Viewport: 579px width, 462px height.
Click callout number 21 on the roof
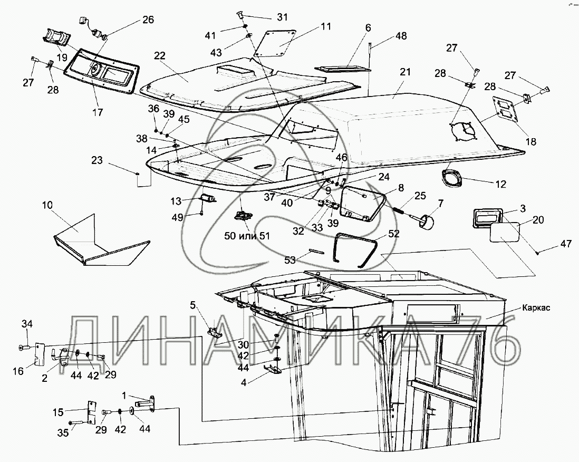click(404, 72)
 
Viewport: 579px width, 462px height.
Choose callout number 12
click(499, 184)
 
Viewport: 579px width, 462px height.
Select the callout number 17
click(97, 112)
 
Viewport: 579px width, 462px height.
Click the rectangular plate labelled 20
click(505, 232)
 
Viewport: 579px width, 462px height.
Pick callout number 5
click(194, 305)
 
